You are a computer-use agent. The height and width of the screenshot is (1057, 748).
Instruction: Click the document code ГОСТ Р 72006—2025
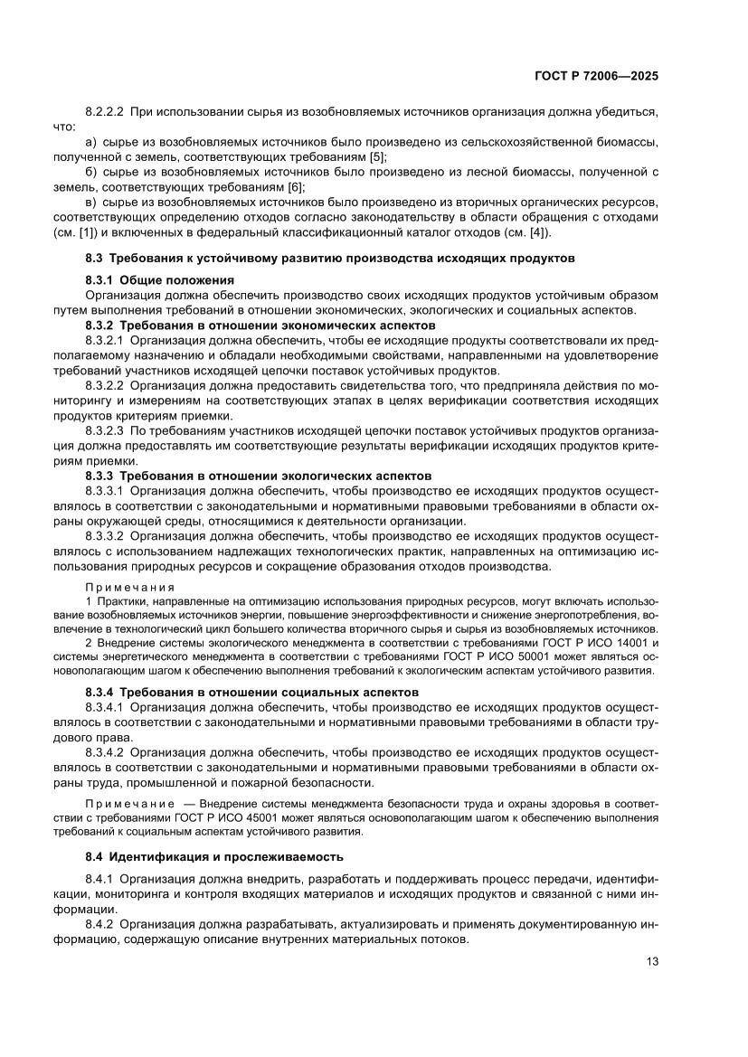595,77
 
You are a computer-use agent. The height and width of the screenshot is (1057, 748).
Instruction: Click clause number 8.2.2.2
104,112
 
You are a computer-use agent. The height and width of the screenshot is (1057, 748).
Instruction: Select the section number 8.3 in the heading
95,258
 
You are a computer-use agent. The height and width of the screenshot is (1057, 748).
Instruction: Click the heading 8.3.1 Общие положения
160,280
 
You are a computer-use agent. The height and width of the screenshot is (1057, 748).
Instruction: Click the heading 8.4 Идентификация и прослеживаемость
213,855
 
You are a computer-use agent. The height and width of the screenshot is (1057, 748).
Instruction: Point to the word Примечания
129,585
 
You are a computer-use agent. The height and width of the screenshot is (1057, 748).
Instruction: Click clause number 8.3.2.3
104,430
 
